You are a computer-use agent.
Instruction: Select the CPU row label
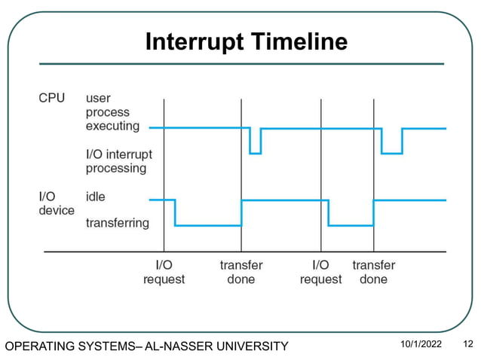point(52,98)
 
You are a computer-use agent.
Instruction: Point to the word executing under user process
point(112,126)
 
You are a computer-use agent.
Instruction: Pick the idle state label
point(96,197)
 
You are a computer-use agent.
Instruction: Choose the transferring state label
point(118,223)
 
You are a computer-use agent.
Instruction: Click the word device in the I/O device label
point(57,210)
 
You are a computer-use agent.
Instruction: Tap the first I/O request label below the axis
point(164,272)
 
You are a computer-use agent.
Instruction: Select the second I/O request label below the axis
point(320,272)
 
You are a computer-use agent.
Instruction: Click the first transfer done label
point(241,272)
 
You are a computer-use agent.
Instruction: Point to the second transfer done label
point(373,272)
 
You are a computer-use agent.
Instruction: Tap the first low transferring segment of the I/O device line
point(208,224)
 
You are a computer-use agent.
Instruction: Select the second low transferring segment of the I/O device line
point(351,224)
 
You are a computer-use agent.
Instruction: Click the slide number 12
point(467,345)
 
